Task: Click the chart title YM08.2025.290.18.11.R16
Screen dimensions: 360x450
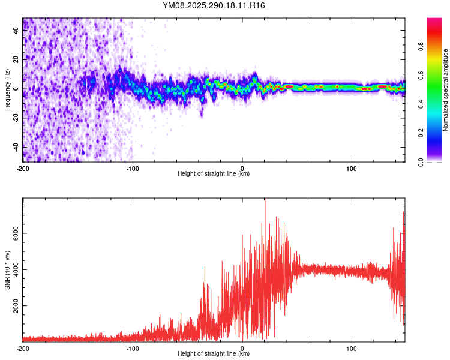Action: (214, 5)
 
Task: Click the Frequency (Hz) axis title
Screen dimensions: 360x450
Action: (7, 90)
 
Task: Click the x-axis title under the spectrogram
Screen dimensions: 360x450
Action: (214, 173)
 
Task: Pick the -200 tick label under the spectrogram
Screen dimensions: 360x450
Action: (23, 167)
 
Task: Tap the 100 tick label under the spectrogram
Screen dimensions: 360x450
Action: (352, 167)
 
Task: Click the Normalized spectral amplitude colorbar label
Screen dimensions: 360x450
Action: (446, 90)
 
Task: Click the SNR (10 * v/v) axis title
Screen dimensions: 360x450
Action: (7, 270)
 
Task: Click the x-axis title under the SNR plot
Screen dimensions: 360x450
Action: (214, 353)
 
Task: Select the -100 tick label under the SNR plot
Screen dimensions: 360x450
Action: (133, 347)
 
